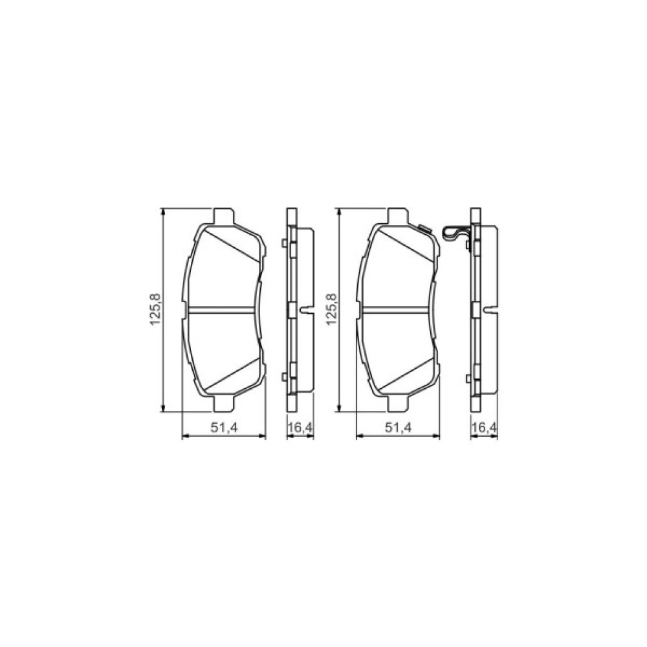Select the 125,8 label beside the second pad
331,309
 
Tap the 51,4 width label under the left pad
225,428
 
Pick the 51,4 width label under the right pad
399,428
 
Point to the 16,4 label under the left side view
300,428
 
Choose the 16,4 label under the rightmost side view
484,428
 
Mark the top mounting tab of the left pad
224,217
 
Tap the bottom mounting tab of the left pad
224,403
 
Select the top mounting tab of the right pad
398,217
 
